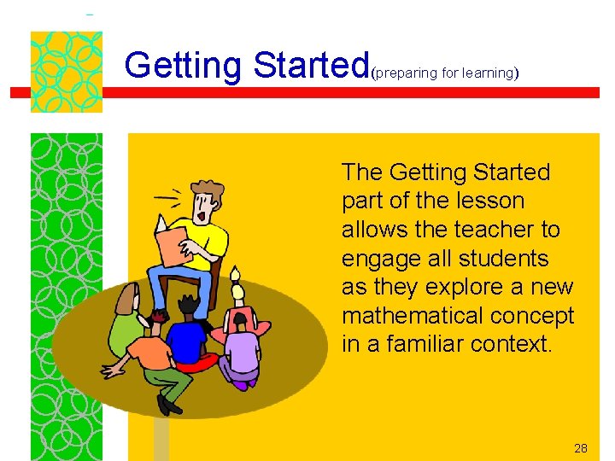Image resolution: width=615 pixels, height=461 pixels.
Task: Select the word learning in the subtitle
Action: (486, 73)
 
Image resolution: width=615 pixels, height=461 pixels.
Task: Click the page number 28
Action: (581, 448)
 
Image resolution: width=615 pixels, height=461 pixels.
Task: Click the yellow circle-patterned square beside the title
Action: (66, 72)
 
